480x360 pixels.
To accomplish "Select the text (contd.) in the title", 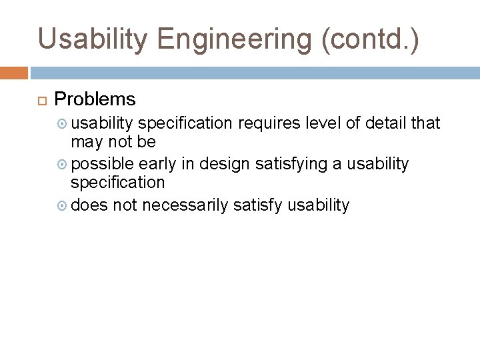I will pyautogui.click(x=371, y=39).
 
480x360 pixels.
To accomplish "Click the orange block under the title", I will pyautogui.click(x=14, y=72).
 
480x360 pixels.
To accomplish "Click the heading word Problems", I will pyautogui.click(x=95, y=100).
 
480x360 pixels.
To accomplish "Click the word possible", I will pyautogui.click(x=103, y=164).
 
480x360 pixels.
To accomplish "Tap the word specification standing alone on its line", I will pyautogui.click(x=117, y=182).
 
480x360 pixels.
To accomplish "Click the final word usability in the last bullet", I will pyautogui.click(x=318, y=205).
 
